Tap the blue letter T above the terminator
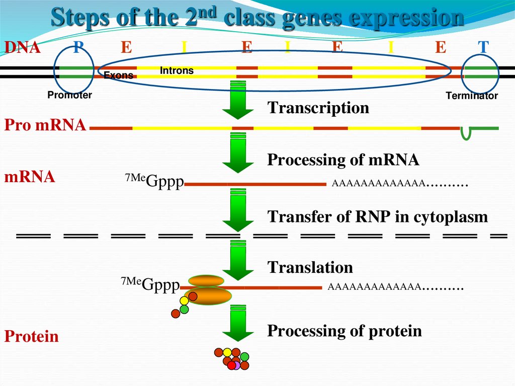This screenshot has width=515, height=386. tap(483, 48)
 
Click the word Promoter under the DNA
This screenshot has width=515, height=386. tap(69, 95)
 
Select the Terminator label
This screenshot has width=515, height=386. tap(472, 96)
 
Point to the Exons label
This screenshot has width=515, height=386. tap(118, 75)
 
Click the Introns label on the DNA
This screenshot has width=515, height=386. tap(177, 71)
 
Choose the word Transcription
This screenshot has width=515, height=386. tap(318, 108)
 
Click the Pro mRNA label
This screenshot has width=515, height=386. tap(45, 125)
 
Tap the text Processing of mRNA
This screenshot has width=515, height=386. tap(343, 160)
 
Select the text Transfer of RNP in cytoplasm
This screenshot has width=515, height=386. tap(377, 217)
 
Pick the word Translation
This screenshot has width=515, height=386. tap(310, 267)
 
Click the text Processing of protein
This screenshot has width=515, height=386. tap(344, 331)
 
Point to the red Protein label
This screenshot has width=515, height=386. tap(31, 336)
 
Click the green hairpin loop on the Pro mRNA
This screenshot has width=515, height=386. tap(466, 133)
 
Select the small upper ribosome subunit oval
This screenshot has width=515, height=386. tap(206, 281)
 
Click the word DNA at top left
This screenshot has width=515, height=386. tap(22, 48)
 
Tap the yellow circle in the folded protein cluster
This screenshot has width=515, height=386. tap(227, 352)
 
